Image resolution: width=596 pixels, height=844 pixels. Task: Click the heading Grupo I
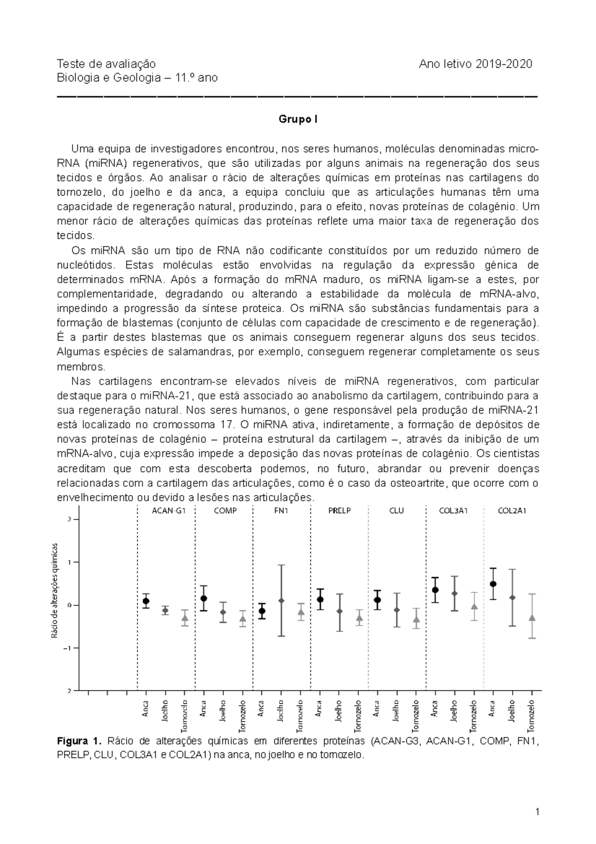[298, 120]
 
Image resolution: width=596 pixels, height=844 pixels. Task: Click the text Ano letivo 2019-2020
[475, 64]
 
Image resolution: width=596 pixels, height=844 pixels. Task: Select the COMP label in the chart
[225, 510]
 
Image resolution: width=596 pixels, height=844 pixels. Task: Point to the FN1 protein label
[281, 510]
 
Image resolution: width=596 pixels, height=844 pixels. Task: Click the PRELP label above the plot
[340, 510]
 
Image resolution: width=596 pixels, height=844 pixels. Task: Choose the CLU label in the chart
[397, 510]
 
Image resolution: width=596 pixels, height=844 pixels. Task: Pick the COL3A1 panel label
[453, 510]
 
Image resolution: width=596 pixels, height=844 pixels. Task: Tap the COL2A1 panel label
[512, 510]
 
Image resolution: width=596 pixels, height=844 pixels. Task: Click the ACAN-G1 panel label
[166, 510]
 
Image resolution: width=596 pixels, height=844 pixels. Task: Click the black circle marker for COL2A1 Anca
[493, 584]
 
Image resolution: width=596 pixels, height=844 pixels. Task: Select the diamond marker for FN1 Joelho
[282, 601]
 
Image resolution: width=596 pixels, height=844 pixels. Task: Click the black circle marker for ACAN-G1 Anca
[146, 601]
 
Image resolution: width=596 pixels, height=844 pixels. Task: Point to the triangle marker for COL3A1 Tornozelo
[474, 607]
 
